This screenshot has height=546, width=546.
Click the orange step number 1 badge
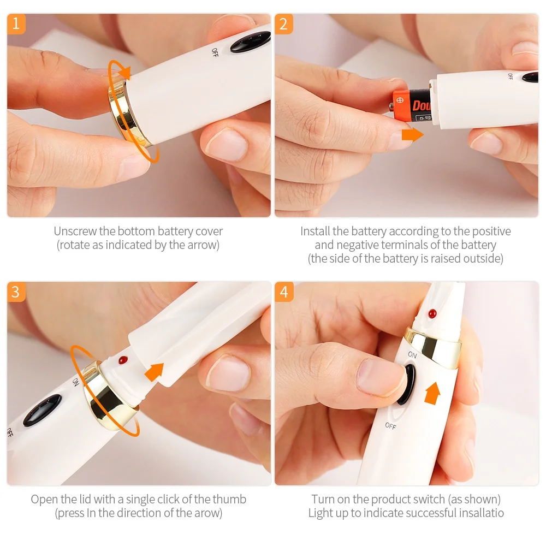click(x=16, y=23)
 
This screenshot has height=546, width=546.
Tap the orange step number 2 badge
click(x=283, y=23)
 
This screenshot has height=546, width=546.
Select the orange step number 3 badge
click(x=16, y=292)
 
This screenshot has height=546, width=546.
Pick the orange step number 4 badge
click(x=283, y=292)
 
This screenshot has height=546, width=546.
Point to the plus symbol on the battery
click(x=399, y=102)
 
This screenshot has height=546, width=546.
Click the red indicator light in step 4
click(x=432, y=314)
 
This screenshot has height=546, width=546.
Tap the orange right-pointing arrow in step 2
click(x=412, y=134)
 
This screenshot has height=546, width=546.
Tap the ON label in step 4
click(x=412, y=355)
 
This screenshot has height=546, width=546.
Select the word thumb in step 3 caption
click(x=231, y=499)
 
